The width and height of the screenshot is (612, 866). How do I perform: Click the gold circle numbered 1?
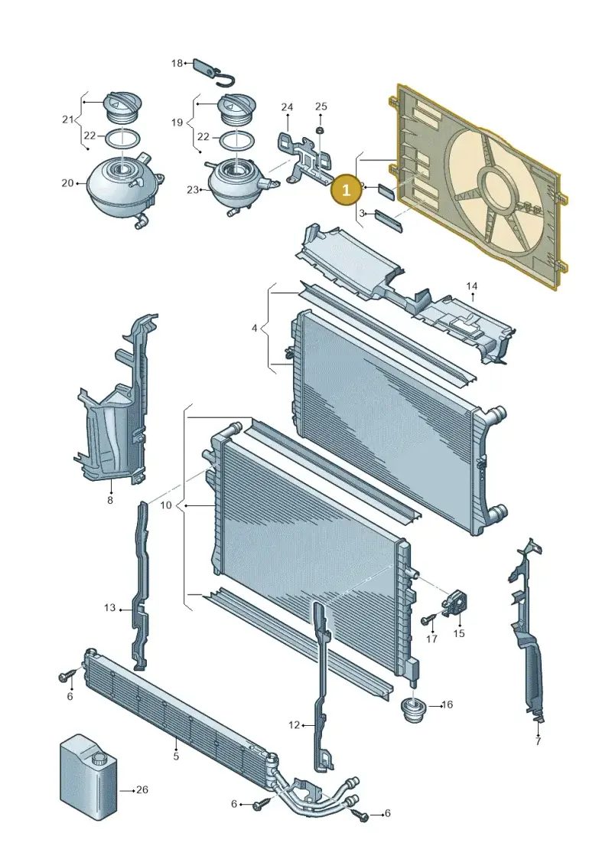[x=346, y=190]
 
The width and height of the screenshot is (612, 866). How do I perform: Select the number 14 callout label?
[x=471, y=286]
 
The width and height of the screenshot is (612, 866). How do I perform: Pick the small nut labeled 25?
[x=320, y=130]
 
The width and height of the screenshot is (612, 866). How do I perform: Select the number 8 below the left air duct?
[x=110, y=500]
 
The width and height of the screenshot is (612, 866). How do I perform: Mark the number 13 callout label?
[x=109, y=607]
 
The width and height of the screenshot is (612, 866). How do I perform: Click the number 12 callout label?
[x=294, y=724]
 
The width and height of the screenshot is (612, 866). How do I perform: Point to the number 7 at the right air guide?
[x=538, y=741]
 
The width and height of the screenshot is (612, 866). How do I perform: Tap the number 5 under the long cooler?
[x=176, y=756]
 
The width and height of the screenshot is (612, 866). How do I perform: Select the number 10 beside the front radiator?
[x=165, y=505]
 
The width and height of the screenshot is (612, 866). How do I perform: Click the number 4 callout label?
[x=255, y=328]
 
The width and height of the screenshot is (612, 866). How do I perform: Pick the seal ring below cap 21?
[x=122, y=138]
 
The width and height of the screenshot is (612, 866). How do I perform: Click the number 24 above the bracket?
[x=287, y=106]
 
